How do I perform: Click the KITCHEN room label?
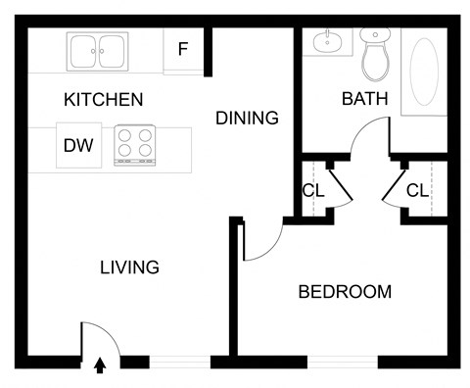pyautogui.click(x=103, y=99)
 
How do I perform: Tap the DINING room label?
pyautogui.click(x=247, y=118)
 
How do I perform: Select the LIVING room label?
pyautogui.click(x=129, y=267)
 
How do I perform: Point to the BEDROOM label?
pyautogui.click(x=345, y=291)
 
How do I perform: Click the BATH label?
pyautogui.click(x=364, y=99)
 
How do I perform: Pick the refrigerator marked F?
pyautogui.click(x=183, y=49)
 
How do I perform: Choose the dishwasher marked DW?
pyautogui.click(x=78, y=146)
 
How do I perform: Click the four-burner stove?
pyautogui.click(x=136, y=145)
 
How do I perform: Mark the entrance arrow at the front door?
pyautogui.click(x=99, y=366)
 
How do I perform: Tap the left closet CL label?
pyautogui.click(x=313, y=190)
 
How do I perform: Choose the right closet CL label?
pyautogui.click(x=417, y=190)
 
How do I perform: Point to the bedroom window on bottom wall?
pyautogui.click(x=343, y=361)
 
